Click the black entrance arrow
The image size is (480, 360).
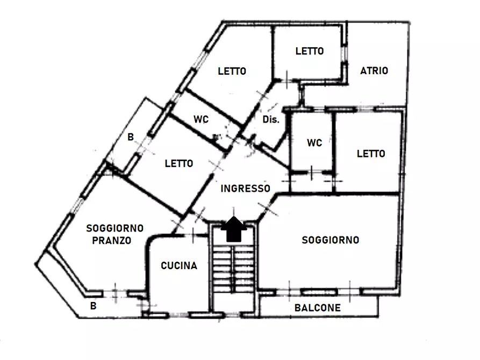234,229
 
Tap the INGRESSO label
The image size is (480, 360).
246,189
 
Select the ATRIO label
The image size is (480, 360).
374,71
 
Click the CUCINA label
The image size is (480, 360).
179,265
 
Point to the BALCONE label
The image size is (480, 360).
318,308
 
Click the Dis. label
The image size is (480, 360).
271,119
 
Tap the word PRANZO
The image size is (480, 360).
112,240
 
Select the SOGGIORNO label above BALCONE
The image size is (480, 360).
331,240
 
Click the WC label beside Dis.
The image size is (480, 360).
314,142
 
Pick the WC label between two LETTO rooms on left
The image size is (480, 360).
201,119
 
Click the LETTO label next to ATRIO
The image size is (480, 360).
310,51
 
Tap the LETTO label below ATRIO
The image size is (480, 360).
371,154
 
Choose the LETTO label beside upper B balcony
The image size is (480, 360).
179,163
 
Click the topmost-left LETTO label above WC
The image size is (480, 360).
232,71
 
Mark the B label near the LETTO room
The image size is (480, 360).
131,137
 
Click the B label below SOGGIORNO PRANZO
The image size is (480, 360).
94,306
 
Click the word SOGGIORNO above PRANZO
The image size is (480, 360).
115,228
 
